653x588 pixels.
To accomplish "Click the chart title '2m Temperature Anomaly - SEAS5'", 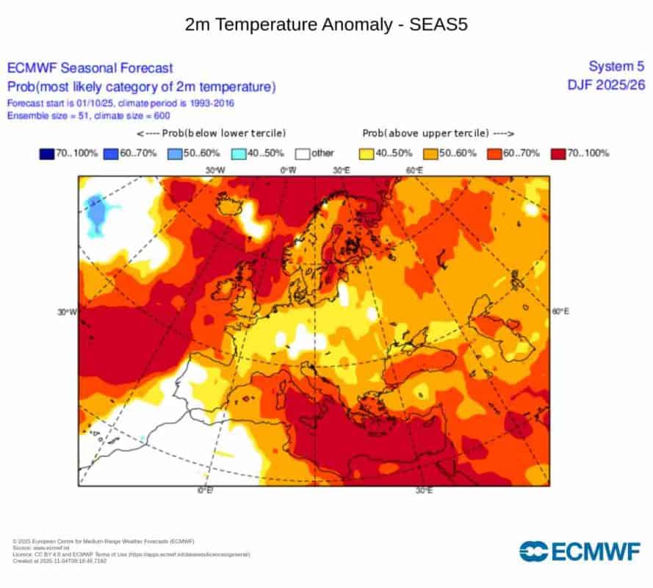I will pyautogui.click(x=326, y=25).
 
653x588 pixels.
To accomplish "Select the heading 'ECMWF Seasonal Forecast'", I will pyautogui.click(x=90, y=68).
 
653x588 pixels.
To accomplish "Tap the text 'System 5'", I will pyautogui.click(x=617, y=67).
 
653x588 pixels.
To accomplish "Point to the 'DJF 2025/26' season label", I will pyautogui.click(x=606, y=85).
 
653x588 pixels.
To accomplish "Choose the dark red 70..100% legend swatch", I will pyautogui.click(x=559, y=154).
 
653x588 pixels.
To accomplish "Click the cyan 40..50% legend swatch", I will pyautogui.click(x=239, y=154).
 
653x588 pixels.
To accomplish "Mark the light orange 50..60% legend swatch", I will pyautogui.click(x=433, y=154).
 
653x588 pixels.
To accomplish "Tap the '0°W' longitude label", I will pyautogui.click(x=289, y=171).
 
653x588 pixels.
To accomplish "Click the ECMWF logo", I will pyautogui.click(x=581, y=551).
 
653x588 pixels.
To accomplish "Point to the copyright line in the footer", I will pyautogui.click(x=103, y=541).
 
